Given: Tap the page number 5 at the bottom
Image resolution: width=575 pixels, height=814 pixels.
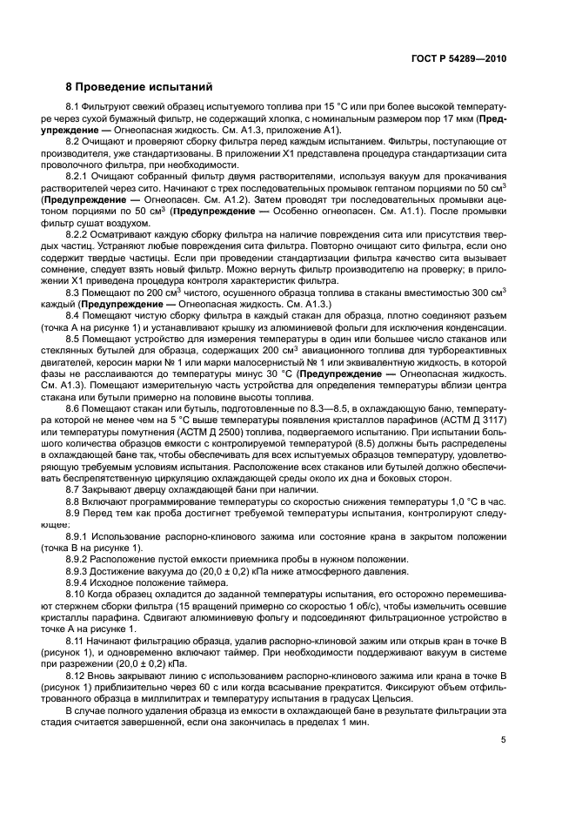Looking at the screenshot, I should [x=503, y=741].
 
